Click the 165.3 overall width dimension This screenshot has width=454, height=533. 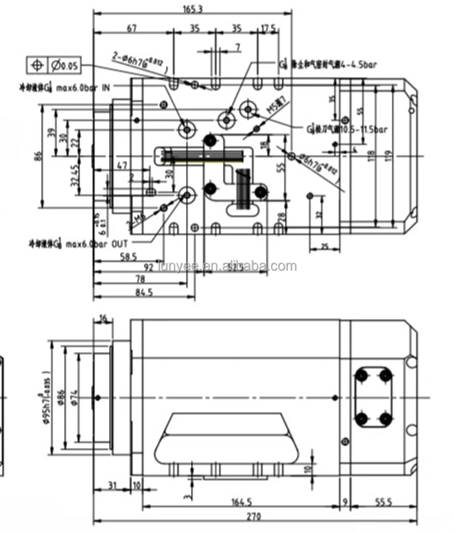192,8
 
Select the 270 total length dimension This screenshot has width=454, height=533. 253,516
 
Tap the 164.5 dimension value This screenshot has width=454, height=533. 241,502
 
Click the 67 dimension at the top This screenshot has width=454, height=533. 132,27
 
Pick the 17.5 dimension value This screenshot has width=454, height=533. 268,27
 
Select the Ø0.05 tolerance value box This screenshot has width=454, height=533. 64,66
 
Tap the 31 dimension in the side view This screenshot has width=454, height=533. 113,486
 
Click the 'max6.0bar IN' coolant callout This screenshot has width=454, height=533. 87,87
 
